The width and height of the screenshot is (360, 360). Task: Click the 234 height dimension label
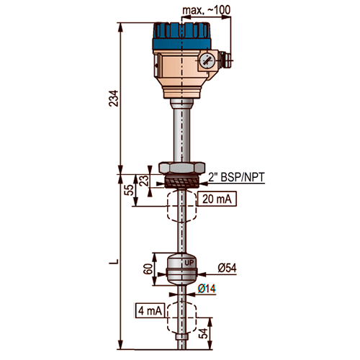(114, 99)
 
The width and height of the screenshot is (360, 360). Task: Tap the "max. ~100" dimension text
(207, 10)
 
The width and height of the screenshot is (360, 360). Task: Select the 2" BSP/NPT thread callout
(236, 178)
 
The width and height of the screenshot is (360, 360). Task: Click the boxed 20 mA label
(217, 199)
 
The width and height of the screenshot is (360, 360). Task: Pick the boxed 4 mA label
(150, 311)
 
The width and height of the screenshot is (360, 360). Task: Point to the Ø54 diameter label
(227, 268)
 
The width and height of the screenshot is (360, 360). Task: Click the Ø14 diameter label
(207, 289)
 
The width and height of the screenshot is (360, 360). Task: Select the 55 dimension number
(130, 190)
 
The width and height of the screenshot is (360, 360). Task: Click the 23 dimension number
(144, 181)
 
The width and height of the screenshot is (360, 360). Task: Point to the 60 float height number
(148, 269)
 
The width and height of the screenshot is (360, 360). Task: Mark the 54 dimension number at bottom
(204, 333)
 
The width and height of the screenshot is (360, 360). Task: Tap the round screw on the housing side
(206, 60)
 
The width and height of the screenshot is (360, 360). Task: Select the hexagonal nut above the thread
(181, 168)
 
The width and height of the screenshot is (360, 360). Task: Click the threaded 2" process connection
(181, 181)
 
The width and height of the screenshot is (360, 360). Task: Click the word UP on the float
(189, 263)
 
